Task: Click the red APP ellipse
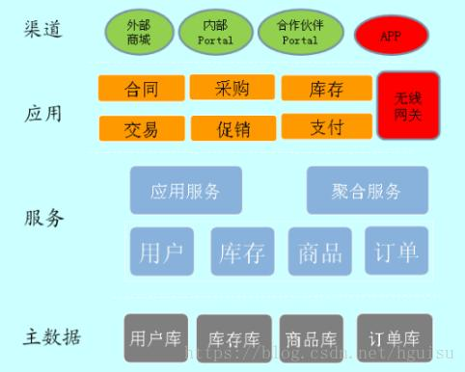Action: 390,36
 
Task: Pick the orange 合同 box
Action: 141,90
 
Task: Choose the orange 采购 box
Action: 232,88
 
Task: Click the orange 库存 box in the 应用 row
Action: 326,88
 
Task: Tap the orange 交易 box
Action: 141,128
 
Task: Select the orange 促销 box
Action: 232,128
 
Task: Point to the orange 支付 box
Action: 326,126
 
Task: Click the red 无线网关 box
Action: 408,105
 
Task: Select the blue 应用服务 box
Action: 186,190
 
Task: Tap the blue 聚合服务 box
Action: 366,190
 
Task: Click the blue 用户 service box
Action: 161,252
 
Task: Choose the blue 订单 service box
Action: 396,251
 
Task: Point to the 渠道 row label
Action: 43,29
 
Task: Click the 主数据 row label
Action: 52,337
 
